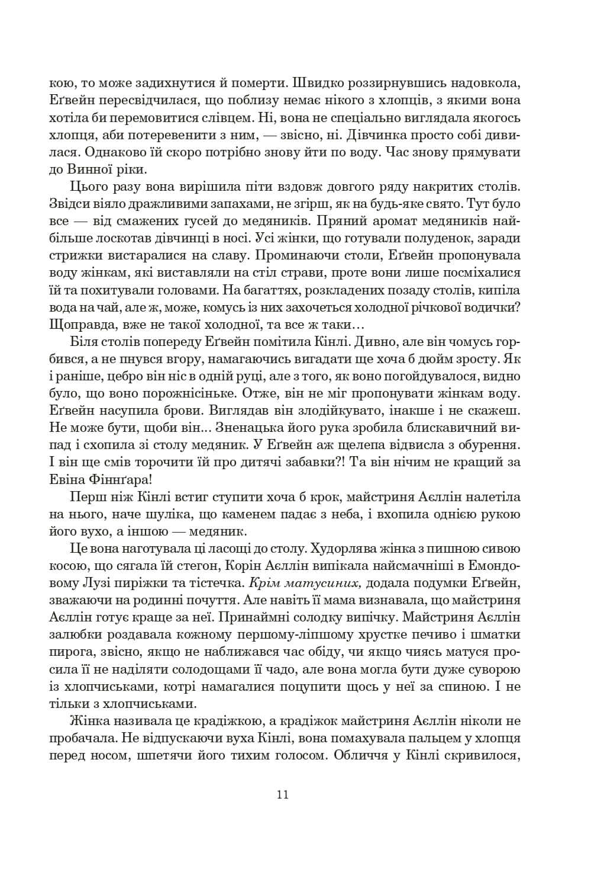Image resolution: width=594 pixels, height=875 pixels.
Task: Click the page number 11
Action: (x=282, y=795)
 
